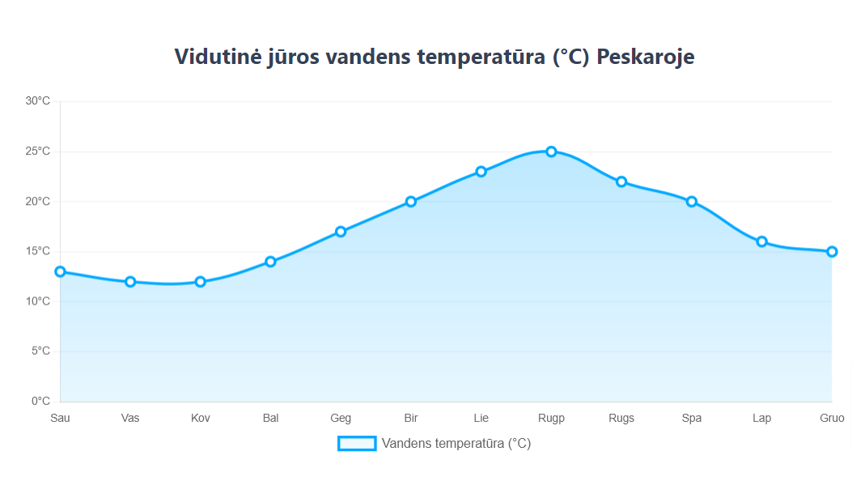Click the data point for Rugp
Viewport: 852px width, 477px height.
551,151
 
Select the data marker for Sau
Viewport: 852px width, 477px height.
60,271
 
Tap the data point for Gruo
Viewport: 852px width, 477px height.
832,252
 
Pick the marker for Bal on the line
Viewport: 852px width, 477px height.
270,262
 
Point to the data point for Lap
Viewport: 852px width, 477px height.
761,241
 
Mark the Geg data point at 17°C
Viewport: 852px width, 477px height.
341,232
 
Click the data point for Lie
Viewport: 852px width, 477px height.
481,172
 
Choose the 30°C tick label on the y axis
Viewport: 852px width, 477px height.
37,101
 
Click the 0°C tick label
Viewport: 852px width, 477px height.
40,401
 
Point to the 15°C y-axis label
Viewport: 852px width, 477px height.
37,251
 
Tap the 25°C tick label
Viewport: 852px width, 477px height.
37,151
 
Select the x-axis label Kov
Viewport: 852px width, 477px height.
201,418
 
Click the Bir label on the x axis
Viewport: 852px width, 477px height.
411,418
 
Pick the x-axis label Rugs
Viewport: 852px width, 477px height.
621,418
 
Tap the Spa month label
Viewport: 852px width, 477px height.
692,418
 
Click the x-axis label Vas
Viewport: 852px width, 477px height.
130,418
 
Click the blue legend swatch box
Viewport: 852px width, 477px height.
357,444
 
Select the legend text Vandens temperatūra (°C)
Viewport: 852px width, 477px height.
456,444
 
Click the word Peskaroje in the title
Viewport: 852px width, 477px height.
646,57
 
